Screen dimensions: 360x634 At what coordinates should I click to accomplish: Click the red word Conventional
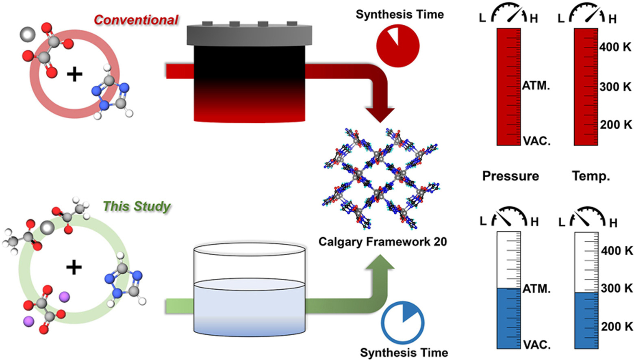pos(136,20)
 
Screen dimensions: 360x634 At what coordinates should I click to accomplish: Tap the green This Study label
pos(137,206)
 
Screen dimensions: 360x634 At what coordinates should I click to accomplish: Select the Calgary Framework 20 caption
pos(382,242)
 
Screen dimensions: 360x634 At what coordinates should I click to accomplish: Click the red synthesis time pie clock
pos(398,45)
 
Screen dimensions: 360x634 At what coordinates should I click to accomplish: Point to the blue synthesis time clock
pos(402,323)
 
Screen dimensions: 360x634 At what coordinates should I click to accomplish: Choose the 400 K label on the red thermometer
pos(615,47)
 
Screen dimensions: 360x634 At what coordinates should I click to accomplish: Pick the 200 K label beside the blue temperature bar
pos(617,326)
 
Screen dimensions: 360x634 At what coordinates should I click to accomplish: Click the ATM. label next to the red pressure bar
pos(536,86)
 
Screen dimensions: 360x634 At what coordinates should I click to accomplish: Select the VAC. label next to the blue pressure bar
pos(536,345)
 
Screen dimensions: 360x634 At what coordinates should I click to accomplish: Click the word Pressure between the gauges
pos(510,176)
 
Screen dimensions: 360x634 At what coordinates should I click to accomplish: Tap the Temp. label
pos(591,176)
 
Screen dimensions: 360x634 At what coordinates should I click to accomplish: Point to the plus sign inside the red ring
pos(74,75)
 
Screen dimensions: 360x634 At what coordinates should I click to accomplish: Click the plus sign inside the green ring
pos(74,267)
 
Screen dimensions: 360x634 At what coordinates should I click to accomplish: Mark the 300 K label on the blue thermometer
pos(617,288)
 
